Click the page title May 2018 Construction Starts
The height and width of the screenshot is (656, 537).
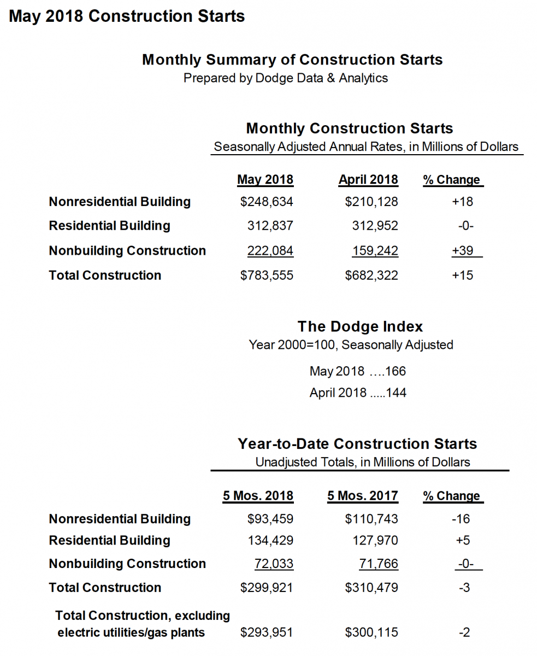click(x=127, y=16)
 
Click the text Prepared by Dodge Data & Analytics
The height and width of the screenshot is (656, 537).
click(x=285, y=78)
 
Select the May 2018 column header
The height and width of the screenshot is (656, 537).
click(x=265, y=180)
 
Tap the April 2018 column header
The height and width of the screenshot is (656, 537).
click(x=368, y=180)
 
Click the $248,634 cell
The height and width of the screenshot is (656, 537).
click(x=267, y=202)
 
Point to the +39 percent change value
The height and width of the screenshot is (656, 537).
click(x=462, y=251)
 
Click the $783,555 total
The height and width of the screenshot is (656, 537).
click(x=267, y=276)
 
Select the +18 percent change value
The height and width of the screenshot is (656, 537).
click(x=462, y=202)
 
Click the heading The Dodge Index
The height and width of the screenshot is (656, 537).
click(x=360, y=327)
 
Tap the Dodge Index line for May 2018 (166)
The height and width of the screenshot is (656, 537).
click(x=358, y=372)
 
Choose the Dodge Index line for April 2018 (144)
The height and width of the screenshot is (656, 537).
click(x=358, y=393)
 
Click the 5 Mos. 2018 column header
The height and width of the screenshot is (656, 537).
click(x=258, y=496)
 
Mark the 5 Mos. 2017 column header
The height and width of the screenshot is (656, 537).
click(x=363, y=496)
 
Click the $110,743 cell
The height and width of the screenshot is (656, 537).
click(x=371, y=519)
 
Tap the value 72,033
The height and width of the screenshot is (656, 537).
click(x=274, y=564)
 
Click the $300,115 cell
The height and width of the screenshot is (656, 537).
click(x=371, y=633)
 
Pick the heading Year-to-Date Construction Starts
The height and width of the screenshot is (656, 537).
click(x=357, y=443)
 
